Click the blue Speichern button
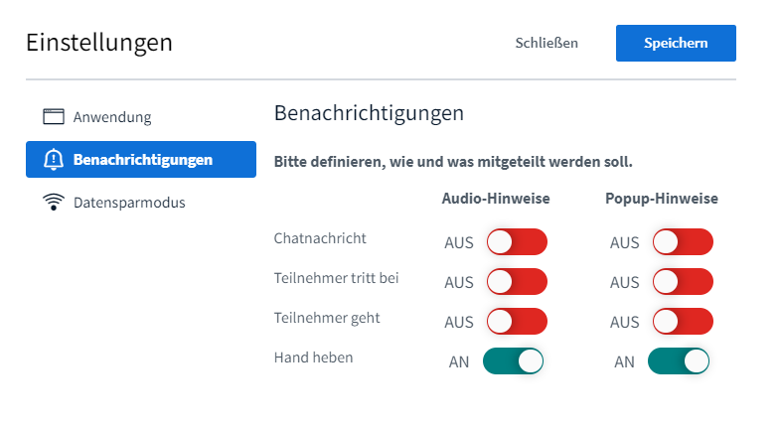676,44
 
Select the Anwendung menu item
111,117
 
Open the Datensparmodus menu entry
128,203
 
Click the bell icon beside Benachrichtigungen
53,160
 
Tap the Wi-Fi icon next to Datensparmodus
53,203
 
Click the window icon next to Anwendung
53,117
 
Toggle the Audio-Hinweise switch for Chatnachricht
517,242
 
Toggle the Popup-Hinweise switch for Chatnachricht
683,242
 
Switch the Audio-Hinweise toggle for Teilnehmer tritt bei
517,282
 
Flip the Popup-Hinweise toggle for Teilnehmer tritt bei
683,282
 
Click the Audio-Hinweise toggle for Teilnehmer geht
517,322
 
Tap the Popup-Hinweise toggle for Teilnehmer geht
683,322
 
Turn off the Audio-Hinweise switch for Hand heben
514,361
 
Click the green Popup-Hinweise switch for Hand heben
679,361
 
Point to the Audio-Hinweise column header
496,199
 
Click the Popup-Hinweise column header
662,199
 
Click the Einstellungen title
99,43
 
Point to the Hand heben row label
313,357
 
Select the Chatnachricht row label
320,238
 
